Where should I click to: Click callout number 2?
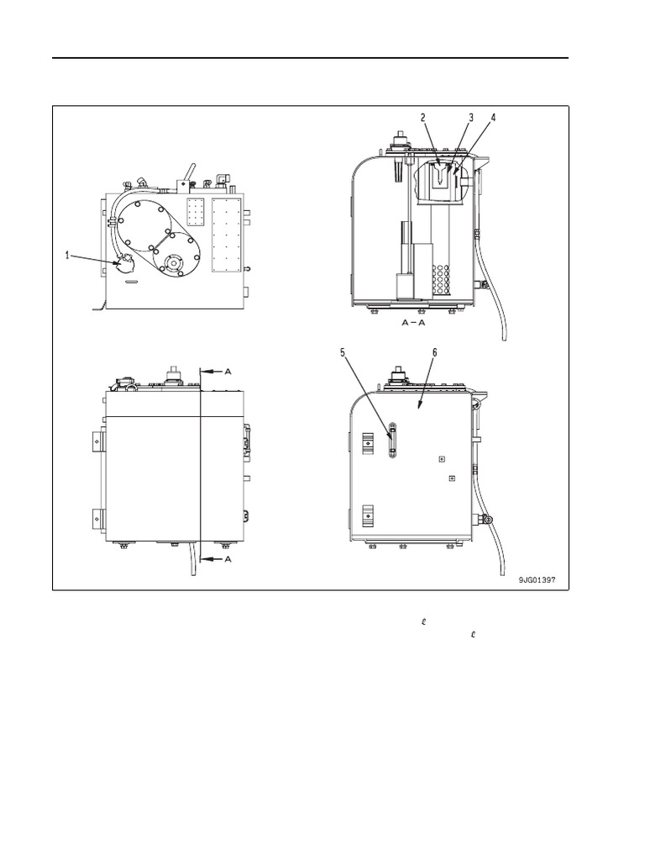point(423,118)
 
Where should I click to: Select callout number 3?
point(471,118)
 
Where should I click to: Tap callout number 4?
point(493,118)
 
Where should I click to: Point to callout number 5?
point(343,353)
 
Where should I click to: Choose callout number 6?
point(434,353)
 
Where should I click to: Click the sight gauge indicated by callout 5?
point(391,441)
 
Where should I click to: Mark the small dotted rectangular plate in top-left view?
point(196,213)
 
